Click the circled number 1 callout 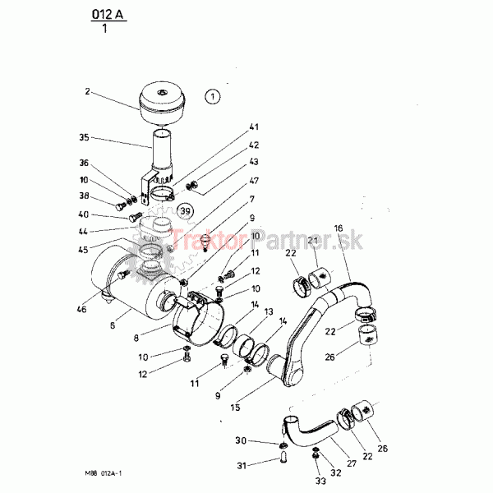pyautogui.click(x=213, y=96)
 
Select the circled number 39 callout pyautogui.click(x=185, y=211)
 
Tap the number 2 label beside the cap pyautogui.click(x=87, y=91)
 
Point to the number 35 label pyautogui.click(x=84, y=137)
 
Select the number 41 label pyautogui.click(x=254, y=127)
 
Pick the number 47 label pyautogui.click(x=254, y=181)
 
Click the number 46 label pyautogui.click(x=81, y=310)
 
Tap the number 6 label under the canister pyautogui.click(x=113, y=325)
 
